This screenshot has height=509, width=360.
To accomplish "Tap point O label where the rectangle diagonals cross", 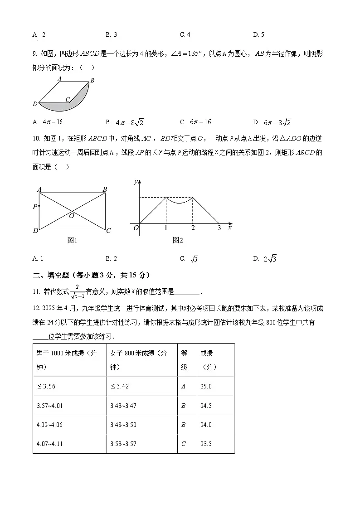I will click(x=72, y=216).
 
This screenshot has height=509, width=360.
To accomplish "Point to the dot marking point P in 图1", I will click(x=39, y=207).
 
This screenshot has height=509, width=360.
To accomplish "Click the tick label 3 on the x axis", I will click(x=219, y=228).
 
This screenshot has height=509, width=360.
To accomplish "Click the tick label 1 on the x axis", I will click(x=166, y=228).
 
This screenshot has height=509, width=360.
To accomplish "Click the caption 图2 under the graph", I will click(x=178, y=241).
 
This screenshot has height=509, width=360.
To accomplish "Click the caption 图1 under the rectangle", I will click(x=73, y=241).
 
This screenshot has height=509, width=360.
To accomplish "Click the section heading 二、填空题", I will click(x=91, y=275).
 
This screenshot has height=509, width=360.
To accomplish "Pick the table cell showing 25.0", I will click(x=206, y=387).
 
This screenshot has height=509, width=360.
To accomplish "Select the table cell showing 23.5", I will click(x=206, y=444).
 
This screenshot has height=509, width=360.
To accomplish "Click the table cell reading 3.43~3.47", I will click(x=123, y=406).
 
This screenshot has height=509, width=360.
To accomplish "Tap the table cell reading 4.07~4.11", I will click(x=49, y=444).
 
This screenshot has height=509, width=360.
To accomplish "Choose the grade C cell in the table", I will click(x=184, y=444).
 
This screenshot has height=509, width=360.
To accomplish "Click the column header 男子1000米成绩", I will click(x=68, y=360).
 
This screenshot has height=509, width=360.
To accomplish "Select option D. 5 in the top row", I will click(x=258, y=34).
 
